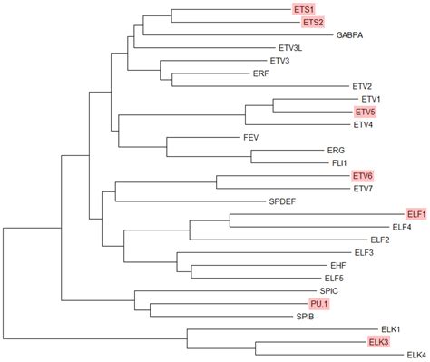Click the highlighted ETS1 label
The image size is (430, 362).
pos(304,9)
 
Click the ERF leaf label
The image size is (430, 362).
pos(260,73)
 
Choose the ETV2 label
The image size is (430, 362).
pos(362,86)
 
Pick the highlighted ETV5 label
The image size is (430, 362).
pos(364,112)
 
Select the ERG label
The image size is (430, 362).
pos(335,150)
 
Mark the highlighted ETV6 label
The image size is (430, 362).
pos(363,175)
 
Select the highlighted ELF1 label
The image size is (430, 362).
pos(416,214)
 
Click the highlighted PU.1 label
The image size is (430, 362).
pos(318,304)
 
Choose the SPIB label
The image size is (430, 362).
pos(306,317)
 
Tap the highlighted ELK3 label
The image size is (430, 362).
pos(378,342)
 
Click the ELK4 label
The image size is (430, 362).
pos(416,355)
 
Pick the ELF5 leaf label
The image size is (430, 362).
pos(334,278)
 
